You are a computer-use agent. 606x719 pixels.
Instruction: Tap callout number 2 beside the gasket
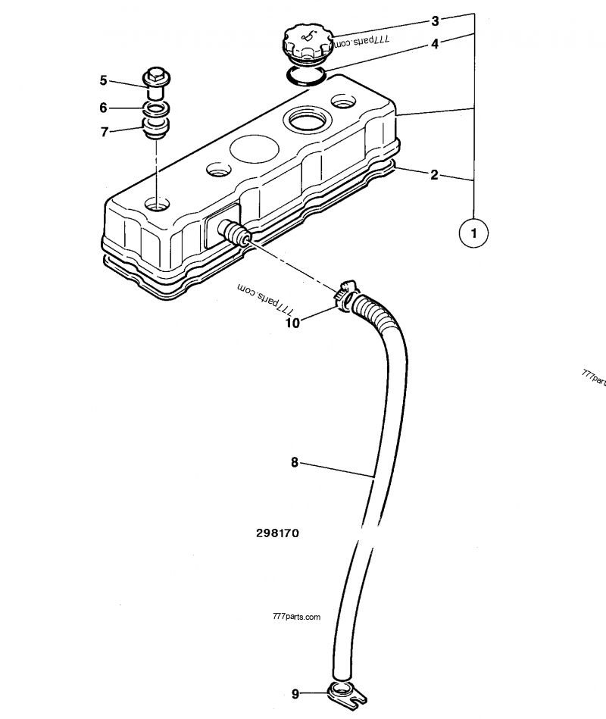pyautogui.click(x=434, y=175)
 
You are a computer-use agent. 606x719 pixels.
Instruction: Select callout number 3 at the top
pyautogui.click(x=435, y=20)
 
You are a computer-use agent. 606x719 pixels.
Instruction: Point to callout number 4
pyautogui.click(x=435, y=44)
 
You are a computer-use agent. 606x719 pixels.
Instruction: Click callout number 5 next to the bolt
pyautogui.click(x=104, y=80)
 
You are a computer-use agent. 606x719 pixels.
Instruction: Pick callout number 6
pyautogui.click(x=104, y=108)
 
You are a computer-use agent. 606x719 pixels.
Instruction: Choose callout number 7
pyautogui.click(x=104, y=131)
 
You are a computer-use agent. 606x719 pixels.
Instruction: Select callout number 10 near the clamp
pyautogui.click(x=293, y=323)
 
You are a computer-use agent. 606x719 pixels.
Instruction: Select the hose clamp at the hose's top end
pyautogui.click(x=347, y=295)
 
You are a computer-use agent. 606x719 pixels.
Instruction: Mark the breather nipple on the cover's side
pyautogui.click(x=233, y=232)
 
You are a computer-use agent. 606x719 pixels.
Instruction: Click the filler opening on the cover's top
pyautogui.click(x=304, y=119)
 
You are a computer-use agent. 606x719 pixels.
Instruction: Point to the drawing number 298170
pyautogui.click(x=277, y=533)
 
